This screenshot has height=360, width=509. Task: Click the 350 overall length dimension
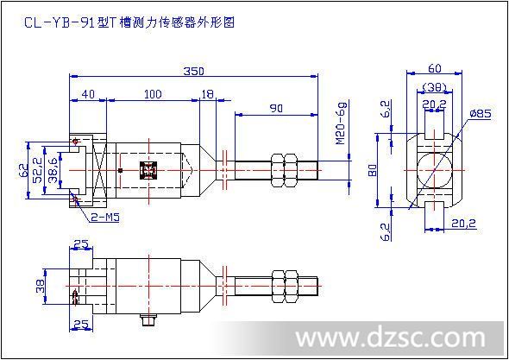pyautogui.click(x=194, y=71)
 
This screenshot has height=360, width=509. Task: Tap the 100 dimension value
pyautogui.click(x=153, y=94)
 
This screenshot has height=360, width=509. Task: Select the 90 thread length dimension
pyautogui.click(x=276, y=108)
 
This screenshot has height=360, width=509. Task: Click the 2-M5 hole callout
pyautogui.click(x=105, y=217)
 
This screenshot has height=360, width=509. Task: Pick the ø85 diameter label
pyautogui.click(x=481, y=114)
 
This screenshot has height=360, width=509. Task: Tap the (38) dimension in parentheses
pyautogui.click(x=435, y=87)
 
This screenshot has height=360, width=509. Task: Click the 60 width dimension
pyautogui.click(x=434, y=68)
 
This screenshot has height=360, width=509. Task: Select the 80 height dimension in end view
pyautogui.click(x=374, y=170)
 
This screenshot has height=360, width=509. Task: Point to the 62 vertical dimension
pyautogui.click(x=23, y=170)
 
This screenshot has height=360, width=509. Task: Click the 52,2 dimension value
pyautogui.click(x=38, y=170)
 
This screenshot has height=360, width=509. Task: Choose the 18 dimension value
pyautogui.click(x=208, y=94)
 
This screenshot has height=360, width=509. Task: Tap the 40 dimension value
pyautogui.click(x=88, y=94)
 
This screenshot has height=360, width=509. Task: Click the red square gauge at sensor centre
pyautogui.click(x=148, y=170)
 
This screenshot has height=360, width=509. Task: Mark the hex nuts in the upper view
pyautogui.click(x=284, y=170)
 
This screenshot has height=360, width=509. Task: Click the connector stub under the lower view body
pyautogui.click(x=148, y=319)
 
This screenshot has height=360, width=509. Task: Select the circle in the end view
pyautogui.click(x=434, y=169)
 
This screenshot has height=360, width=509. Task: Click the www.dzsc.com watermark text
pyautogui.click(x=391, y=338)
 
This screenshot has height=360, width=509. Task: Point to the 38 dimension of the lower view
pyautogui.click(x=41, y=287)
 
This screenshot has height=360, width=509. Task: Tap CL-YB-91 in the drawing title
pyautogui.click(x=60, y=22)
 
